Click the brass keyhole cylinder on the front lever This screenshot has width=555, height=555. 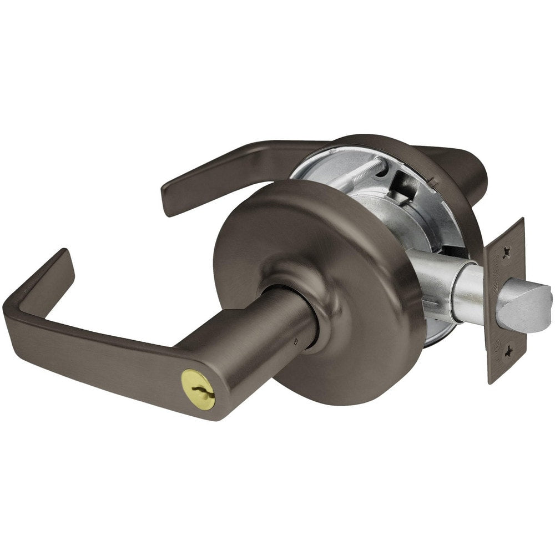198,382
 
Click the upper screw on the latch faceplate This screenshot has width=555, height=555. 506,252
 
